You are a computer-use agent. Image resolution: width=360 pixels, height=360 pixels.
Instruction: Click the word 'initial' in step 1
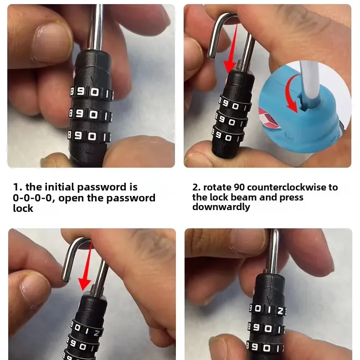click(x=60, y=187)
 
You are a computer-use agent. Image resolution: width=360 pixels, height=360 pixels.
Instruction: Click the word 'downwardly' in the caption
click(x=221, y=207)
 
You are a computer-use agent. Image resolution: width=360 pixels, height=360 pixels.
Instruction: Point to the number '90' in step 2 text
click(x=239, y=187)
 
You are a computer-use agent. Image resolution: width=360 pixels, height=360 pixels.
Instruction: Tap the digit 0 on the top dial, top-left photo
click(x=95, y=93)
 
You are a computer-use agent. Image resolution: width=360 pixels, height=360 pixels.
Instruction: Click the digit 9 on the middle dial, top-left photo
click(x=79, y=113)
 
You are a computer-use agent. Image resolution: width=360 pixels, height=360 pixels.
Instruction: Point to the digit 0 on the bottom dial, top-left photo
click(x=92, y=137)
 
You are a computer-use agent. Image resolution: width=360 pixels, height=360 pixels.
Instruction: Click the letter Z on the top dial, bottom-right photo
click(x=280, y=311)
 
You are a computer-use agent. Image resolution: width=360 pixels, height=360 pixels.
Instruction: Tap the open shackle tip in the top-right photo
click(x=211, y=56)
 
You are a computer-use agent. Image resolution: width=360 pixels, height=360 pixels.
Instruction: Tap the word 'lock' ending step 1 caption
click(x=23, y=208)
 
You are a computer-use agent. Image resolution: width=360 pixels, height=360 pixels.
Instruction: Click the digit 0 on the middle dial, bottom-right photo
click(x=268, y=329)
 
